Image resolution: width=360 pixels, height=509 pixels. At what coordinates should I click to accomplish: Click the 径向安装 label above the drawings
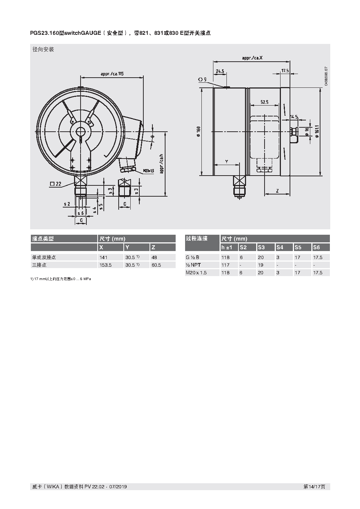(x=43, y=49)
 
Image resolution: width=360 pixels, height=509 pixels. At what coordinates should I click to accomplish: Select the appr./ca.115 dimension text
(x=112, y=74)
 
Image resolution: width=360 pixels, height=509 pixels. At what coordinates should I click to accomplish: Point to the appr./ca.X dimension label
(x=252, y=58)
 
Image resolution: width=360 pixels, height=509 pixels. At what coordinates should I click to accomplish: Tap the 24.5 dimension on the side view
(x=220, y=71)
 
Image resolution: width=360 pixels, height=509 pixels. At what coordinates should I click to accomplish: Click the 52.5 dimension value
(x=264, y=102)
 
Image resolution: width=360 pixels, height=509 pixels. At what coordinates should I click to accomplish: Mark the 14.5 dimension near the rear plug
(x=294, y=117)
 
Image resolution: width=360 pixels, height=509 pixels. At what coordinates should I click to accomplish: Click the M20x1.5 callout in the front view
(x=148, y=171)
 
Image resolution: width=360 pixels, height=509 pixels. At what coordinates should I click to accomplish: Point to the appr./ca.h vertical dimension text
(x=161, y=163)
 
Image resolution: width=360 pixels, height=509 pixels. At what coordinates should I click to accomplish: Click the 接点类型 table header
(x=43, y=239)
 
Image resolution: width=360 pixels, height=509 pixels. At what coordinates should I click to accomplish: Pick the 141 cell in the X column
(x=103, y=257)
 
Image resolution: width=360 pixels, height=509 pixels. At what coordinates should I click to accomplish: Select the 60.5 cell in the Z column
(x=156, y=265)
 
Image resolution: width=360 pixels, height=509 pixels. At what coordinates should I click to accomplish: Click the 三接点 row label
(x=39, y=265)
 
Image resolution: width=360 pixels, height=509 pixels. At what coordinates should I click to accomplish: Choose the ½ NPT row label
(x=193, y=265)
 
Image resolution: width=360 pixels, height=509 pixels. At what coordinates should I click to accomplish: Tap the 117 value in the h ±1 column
(x=225, y=265)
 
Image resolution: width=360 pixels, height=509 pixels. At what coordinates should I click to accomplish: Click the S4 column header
(x=279, y=247)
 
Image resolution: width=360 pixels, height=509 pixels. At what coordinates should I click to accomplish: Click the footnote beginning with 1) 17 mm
(x=61, y=279)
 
